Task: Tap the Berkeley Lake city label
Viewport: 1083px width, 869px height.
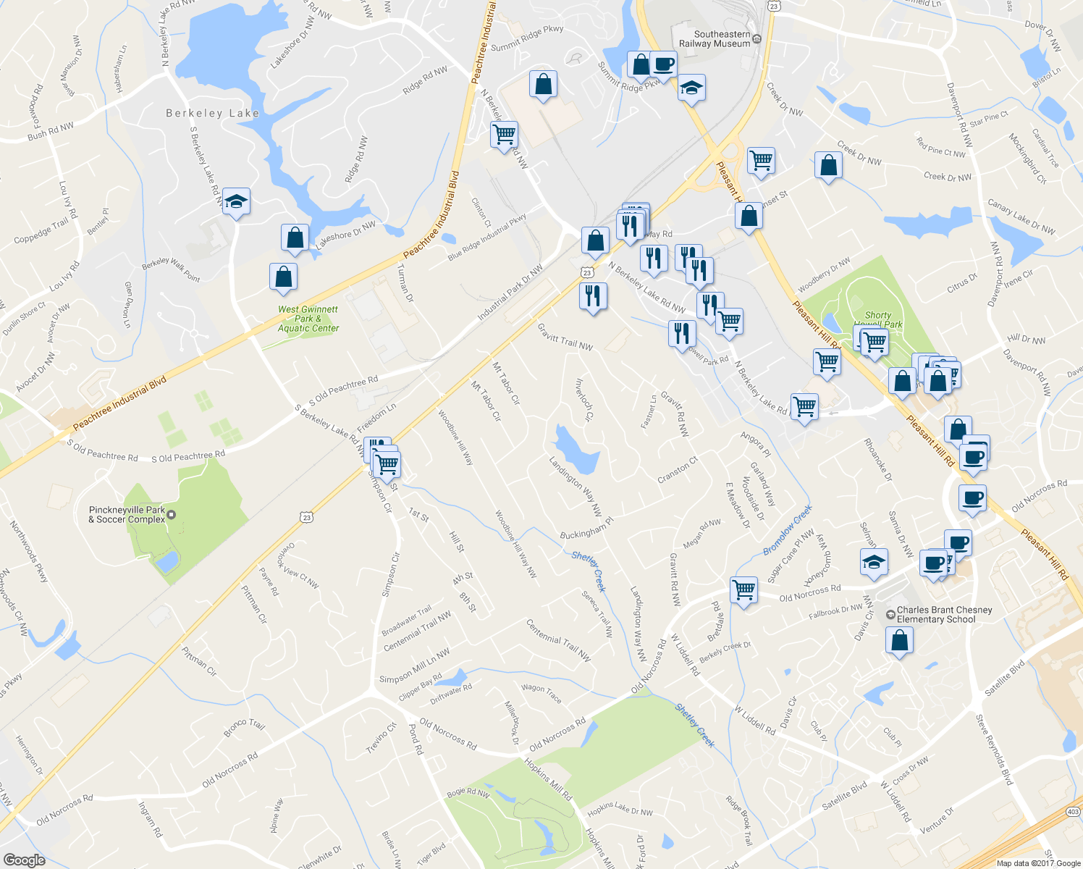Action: coord(212,113)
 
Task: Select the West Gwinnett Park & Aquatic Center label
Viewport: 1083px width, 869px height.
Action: coord(308,319)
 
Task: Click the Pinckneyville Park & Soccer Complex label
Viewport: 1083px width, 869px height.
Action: coord(127,515)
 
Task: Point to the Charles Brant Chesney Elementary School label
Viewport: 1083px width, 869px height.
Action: coord(944,615)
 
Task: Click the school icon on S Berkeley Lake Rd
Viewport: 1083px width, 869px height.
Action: coord(236,201)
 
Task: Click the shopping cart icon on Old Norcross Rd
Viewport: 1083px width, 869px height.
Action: coord(743,589)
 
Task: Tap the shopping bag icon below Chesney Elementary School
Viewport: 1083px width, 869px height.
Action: coord(899,641)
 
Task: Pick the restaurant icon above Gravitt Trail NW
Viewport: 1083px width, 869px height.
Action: coord(593,295)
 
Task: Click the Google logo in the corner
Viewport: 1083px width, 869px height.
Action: coord(24,860)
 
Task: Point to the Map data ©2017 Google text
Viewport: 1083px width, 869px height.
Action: coord(1038,863)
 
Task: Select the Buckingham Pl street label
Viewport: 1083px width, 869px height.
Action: coord(586,528)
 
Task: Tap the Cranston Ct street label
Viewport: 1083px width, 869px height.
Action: coord(678,470)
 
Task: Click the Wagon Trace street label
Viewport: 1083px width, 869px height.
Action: coord(541,693)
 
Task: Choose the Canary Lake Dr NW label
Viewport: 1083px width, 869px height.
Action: coord(1021,217)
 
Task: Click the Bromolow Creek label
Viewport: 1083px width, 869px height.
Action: coord(788,531)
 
